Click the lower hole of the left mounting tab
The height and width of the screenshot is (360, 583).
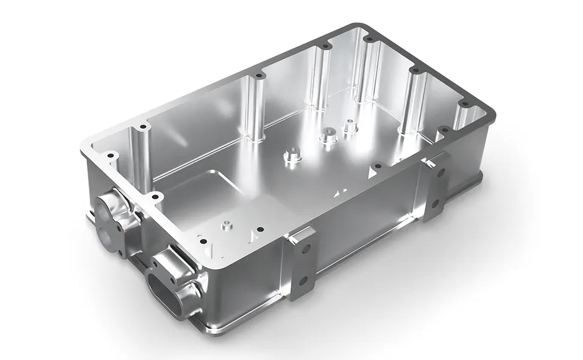pos(304,280)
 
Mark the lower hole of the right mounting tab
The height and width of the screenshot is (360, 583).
pos(437,202)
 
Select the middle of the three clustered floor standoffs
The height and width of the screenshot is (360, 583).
pos(327,136)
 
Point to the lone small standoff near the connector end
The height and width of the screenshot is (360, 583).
pos(226,226)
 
